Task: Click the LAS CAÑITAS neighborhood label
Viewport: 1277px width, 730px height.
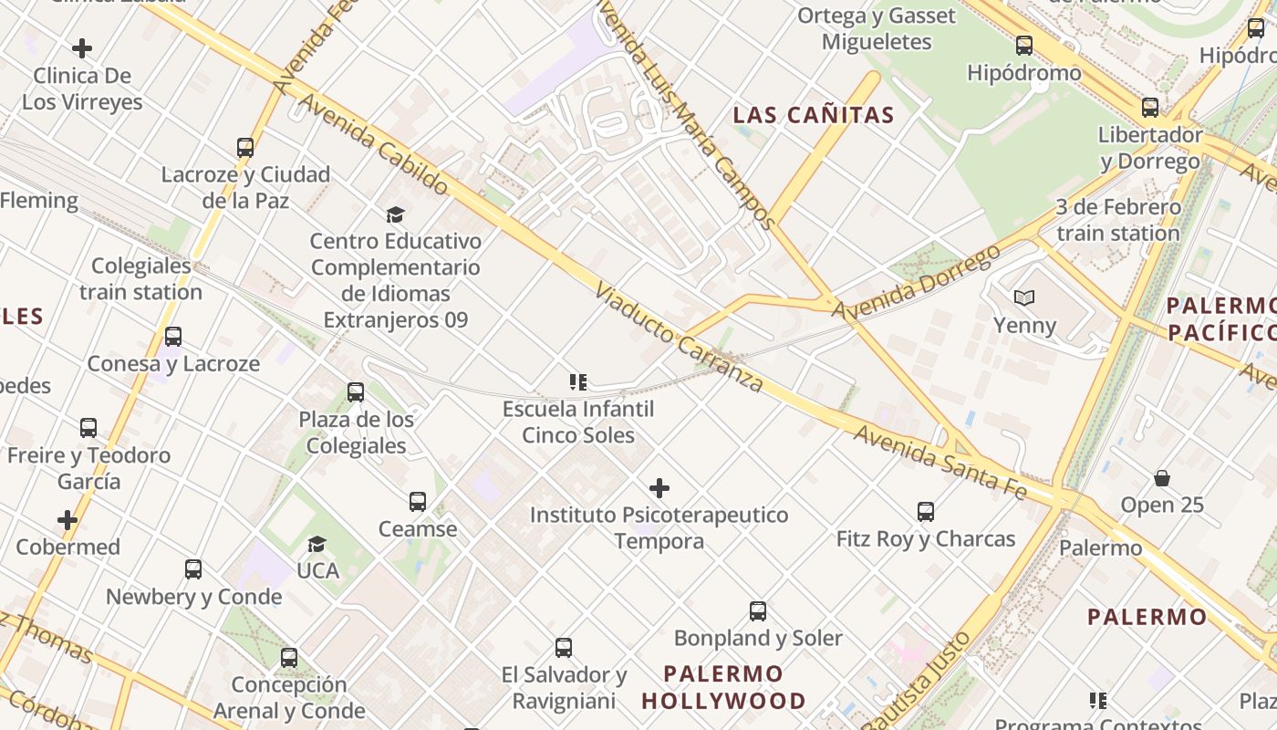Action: coord(814,116)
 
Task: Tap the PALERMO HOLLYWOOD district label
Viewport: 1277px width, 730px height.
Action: coord(723,687)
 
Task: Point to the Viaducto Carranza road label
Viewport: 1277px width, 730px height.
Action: coord(679,338)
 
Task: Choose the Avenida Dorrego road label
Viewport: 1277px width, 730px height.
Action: coord(916,283)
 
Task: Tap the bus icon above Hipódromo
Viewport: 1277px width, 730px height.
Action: coord(1024,45)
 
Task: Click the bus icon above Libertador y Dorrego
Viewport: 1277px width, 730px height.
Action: coord(1150,107)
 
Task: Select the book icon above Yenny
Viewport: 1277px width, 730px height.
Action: coord(1024,297)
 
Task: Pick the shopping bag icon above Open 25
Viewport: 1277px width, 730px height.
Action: coord(1162,478)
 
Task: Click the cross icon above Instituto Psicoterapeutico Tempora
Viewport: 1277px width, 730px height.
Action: coord(659,488)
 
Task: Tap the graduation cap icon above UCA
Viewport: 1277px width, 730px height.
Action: coord(317,544)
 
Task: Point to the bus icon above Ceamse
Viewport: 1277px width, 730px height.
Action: coord(418,501)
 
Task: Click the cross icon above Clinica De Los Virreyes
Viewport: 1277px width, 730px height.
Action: coord(82,47)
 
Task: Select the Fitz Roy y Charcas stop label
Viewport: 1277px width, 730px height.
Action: coord(926,539)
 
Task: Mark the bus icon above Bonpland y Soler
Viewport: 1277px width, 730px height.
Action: coord(758,610)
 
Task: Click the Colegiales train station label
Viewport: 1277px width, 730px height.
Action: coord(140,279)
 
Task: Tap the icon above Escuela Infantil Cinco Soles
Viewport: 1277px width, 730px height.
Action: coord(577,381)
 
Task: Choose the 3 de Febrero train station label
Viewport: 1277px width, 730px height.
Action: coord(1118,220)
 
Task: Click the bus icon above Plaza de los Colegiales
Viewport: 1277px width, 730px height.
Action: coord(356,392)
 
